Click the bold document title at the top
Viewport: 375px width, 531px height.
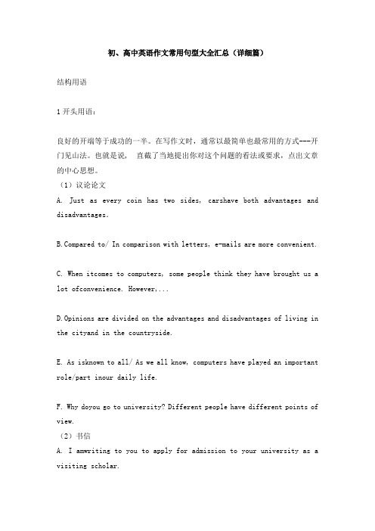187,55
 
